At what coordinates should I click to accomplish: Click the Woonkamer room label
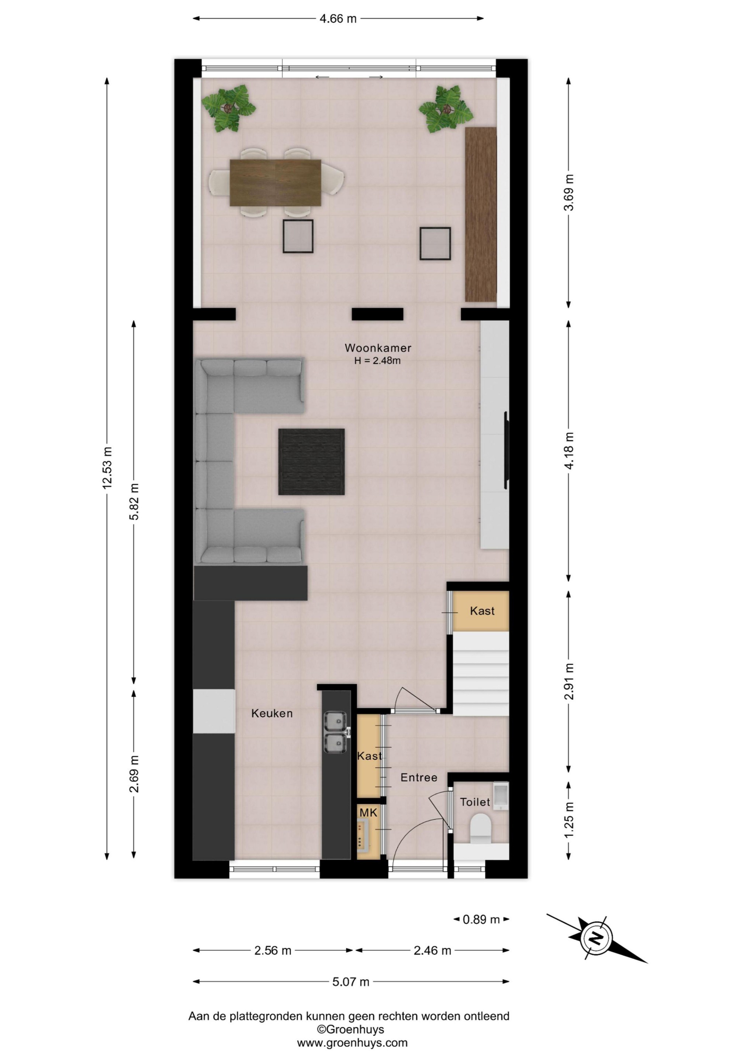point(378,348)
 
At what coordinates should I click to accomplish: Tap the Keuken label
point(272,713)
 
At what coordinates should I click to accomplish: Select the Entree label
point(419,777)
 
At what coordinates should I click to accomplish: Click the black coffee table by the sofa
point(311,462)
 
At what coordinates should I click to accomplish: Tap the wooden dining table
point(275,182)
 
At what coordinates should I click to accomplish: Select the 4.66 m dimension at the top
point(338,18)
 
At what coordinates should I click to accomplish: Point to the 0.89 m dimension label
point(481,919)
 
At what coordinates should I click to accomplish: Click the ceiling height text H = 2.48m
point(378,361)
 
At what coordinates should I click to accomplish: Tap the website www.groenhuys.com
point(352,1043)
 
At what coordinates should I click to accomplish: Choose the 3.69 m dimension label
point(569,193)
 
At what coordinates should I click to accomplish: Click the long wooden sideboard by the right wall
point(481,214)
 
